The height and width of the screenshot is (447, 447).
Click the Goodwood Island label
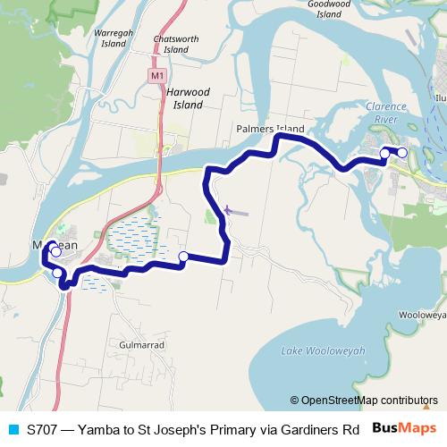[x=330, y=9]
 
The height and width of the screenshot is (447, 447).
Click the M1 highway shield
[x=156, y=77]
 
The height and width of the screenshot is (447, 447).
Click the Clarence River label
[x=386, y=113]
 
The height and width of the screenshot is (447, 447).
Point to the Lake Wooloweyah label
[x=323, y=350]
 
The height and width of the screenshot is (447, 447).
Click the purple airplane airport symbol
[x=227, y=210]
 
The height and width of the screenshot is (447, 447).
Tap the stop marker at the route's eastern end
[x=401, y=153]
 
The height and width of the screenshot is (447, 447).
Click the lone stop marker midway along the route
[x=183, y=257]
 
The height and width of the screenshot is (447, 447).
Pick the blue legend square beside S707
[x=13, y=427]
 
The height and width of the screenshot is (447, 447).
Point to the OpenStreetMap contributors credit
[x=369, y=400]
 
